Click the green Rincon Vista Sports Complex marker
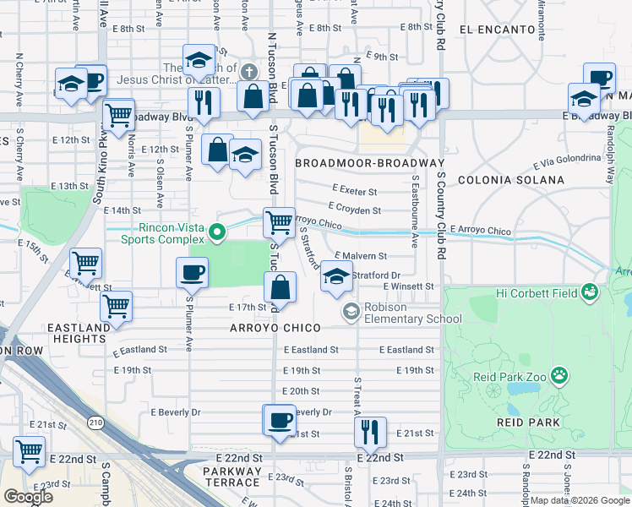[217, 231]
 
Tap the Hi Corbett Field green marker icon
[590, 293]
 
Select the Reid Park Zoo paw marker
[558, 373]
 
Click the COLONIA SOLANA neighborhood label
[510, 180]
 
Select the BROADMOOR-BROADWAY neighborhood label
[370, 162]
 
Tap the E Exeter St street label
[354, 190]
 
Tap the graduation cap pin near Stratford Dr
[336, 276]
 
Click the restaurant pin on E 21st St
[370, 432]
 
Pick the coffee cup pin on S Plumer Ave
[192, 273]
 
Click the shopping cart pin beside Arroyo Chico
[279, 223]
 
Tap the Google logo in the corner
[29, 497]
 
